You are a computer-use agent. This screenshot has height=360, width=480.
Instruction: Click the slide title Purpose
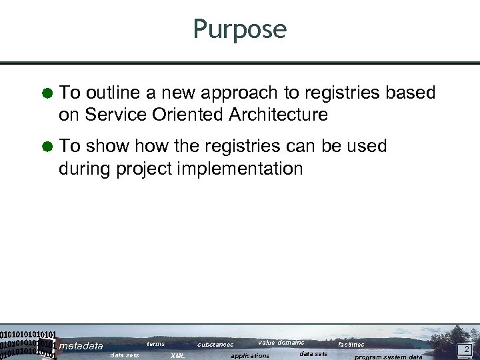click(239, 29)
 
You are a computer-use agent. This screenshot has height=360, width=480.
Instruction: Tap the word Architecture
click(278, 115)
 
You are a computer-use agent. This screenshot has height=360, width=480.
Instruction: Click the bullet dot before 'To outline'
click(48, 93)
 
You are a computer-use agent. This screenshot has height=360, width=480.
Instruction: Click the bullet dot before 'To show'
click(48, 147)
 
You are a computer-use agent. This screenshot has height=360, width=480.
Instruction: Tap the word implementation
click(240, 168)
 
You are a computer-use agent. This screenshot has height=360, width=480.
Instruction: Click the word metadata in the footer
click(81, 346)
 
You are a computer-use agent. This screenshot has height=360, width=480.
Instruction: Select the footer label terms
click(156, 344)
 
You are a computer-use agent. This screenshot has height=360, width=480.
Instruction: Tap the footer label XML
click(178, 356)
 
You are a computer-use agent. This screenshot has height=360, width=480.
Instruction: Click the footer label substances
click(215, 345)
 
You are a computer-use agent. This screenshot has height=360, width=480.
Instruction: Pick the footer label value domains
click(281, 343)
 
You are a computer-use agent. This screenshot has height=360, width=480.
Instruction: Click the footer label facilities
click(351, 345)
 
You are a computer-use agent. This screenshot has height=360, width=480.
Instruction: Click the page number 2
click(467, 349)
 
